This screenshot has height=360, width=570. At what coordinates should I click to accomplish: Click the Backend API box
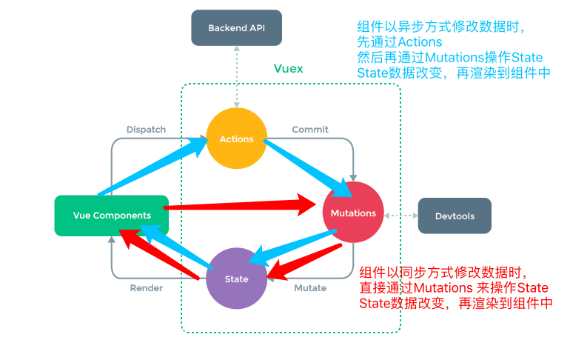(236, 28)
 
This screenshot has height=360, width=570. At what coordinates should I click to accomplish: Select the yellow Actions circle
(236, 139)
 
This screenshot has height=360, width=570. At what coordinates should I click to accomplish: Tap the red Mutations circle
(353, 213)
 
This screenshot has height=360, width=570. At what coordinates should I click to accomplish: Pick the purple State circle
(236, 279)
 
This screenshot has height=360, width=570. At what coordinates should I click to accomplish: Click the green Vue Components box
(112, 216)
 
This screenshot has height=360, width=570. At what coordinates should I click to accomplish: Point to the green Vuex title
(289, 68)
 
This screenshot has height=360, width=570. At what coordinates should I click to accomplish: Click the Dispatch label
(146, 129)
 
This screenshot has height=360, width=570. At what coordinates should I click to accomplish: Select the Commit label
(310, 129)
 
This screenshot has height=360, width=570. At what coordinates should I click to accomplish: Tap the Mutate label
(310, 287)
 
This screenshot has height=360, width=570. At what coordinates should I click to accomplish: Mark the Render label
(146, 287)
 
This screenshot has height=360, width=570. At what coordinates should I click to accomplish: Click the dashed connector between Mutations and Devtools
(400, 216)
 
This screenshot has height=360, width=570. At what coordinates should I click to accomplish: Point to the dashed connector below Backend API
(236, 74)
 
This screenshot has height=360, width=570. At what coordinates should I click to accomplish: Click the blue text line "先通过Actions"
(400, 42)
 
